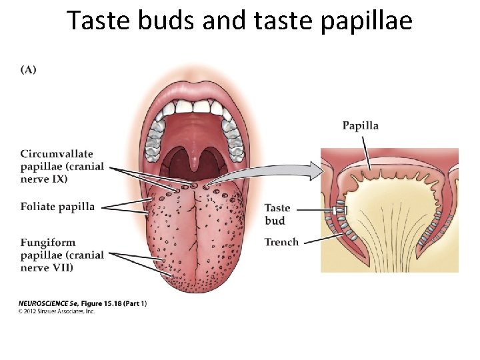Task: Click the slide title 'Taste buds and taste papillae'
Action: pyautogui.click(x=239, y=21)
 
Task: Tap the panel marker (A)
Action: pyautogui.click(x=29, y=70)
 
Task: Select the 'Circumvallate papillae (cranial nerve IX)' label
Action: pyautogui.click(x=62, y=166)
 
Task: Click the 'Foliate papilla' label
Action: pyautogui.click(x=57, y=207)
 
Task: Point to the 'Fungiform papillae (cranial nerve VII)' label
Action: pyautogui.click(x=62, y=255)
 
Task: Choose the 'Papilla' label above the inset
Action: pyautogui.click(x=360, y=125)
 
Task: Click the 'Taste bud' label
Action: pyautogui.click(x=277, y=214)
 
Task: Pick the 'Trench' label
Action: pyautogui.click(x=281, y=242)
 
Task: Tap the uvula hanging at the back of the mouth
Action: pyautogui.click(x=194, y=159)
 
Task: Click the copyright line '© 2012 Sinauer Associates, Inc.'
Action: pyautogui.click(x=57, y=311)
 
